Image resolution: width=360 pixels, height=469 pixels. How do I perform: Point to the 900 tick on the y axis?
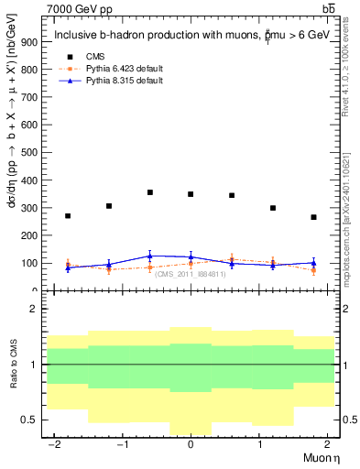pos(27,42)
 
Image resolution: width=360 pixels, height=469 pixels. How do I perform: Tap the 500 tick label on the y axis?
pos(27,153)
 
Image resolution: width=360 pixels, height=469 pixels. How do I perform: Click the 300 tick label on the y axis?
pos(27,208)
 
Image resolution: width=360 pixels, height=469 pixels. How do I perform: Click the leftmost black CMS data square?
pos(68,216)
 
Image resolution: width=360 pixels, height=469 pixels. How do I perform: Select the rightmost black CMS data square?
pos(313,217)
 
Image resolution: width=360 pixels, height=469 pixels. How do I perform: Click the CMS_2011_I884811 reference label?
pos(190,274)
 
